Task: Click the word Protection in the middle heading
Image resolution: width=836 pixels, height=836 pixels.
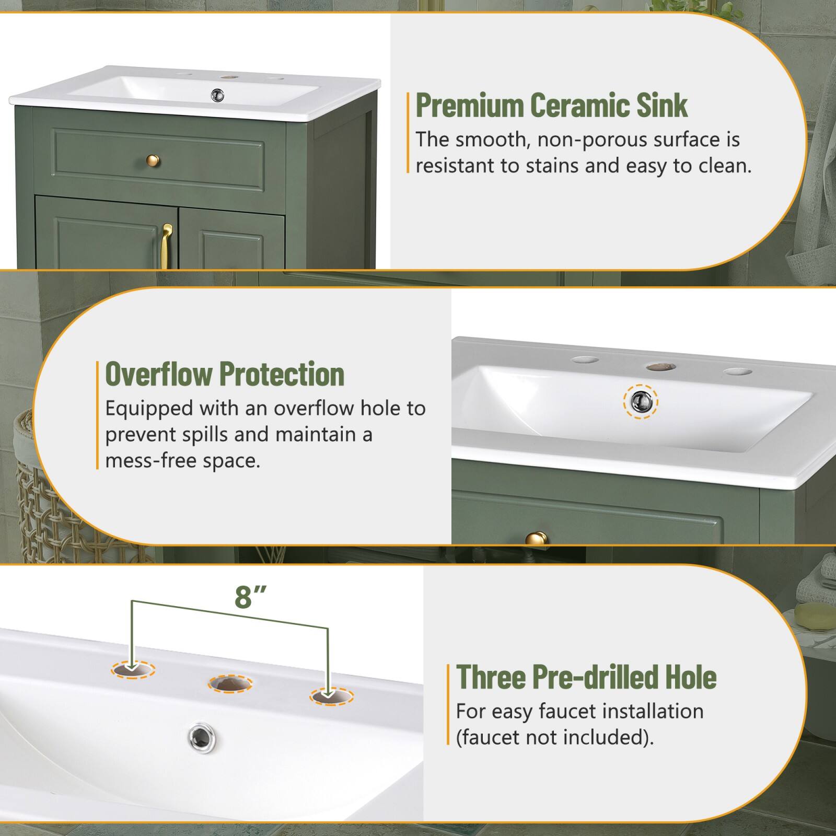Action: (x=282, y=374)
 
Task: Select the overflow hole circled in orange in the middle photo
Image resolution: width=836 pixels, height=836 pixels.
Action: (x=641, y=401)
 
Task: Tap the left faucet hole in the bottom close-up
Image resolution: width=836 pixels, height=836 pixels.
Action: (x=133, y=669)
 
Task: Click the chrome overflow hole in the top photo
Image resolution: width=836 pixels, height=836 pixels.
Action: (x=217, y=95)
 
